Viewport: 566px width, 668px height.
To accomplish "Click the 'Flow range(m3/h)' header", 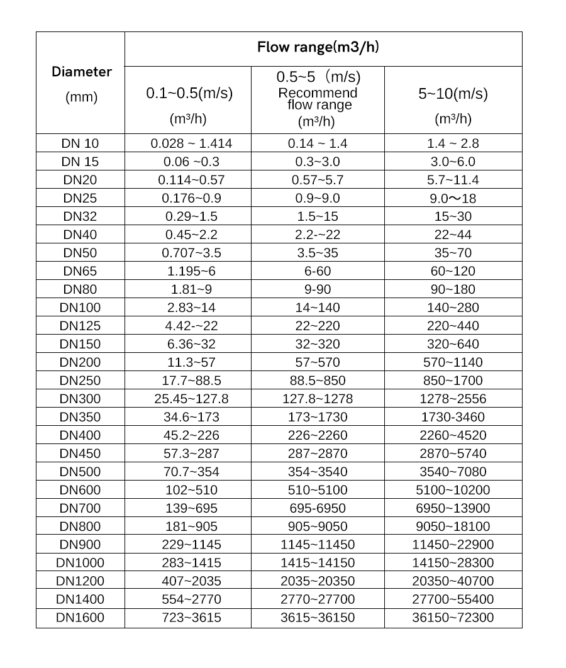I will (318, 47).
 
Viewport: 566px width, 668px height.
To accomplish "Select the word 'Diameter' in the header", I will (82, 71).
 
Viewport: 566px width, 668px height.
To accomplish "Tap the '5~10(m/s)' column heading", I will (453, 94).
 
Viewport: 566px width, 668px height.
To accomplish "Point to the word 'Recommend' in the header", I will (317, 93).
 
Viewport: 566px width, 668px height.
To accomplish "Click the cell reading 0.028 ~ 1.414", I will (191, 143).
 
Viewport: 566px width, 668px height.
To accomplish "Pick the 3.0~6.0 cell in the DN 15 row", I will (453, 162).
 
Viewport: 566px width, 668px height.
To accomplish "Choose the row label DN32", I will (80, 216).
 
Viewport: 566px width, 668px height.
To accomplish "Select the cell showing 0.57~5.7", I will (317, 180).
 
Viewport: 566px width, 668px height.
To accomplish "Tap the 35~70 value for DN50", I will (453, 253).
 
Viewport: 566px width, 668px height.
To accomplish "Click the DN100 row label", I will (80, 308).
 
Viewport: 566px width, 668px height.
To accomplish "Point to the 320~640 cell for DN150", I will (453, 344).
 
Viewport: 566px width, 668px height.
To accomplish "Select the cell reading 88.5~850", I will (317, 381).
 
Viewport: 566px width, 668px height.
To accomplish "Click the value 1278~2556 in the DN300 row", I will (453, 399).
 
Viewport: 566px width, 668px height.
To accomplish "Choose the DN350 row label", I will (80, 417).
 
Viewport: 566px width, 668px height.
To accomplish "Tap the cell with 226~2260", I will (317, 435).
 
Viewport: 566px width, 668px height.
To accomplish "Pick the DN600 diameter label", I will (80, 490).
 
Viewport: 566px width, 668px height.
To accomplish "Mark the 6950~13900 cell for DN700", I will (453, 508).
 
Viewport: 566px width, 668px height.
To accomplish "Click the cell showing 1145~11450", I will (317, 545).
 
